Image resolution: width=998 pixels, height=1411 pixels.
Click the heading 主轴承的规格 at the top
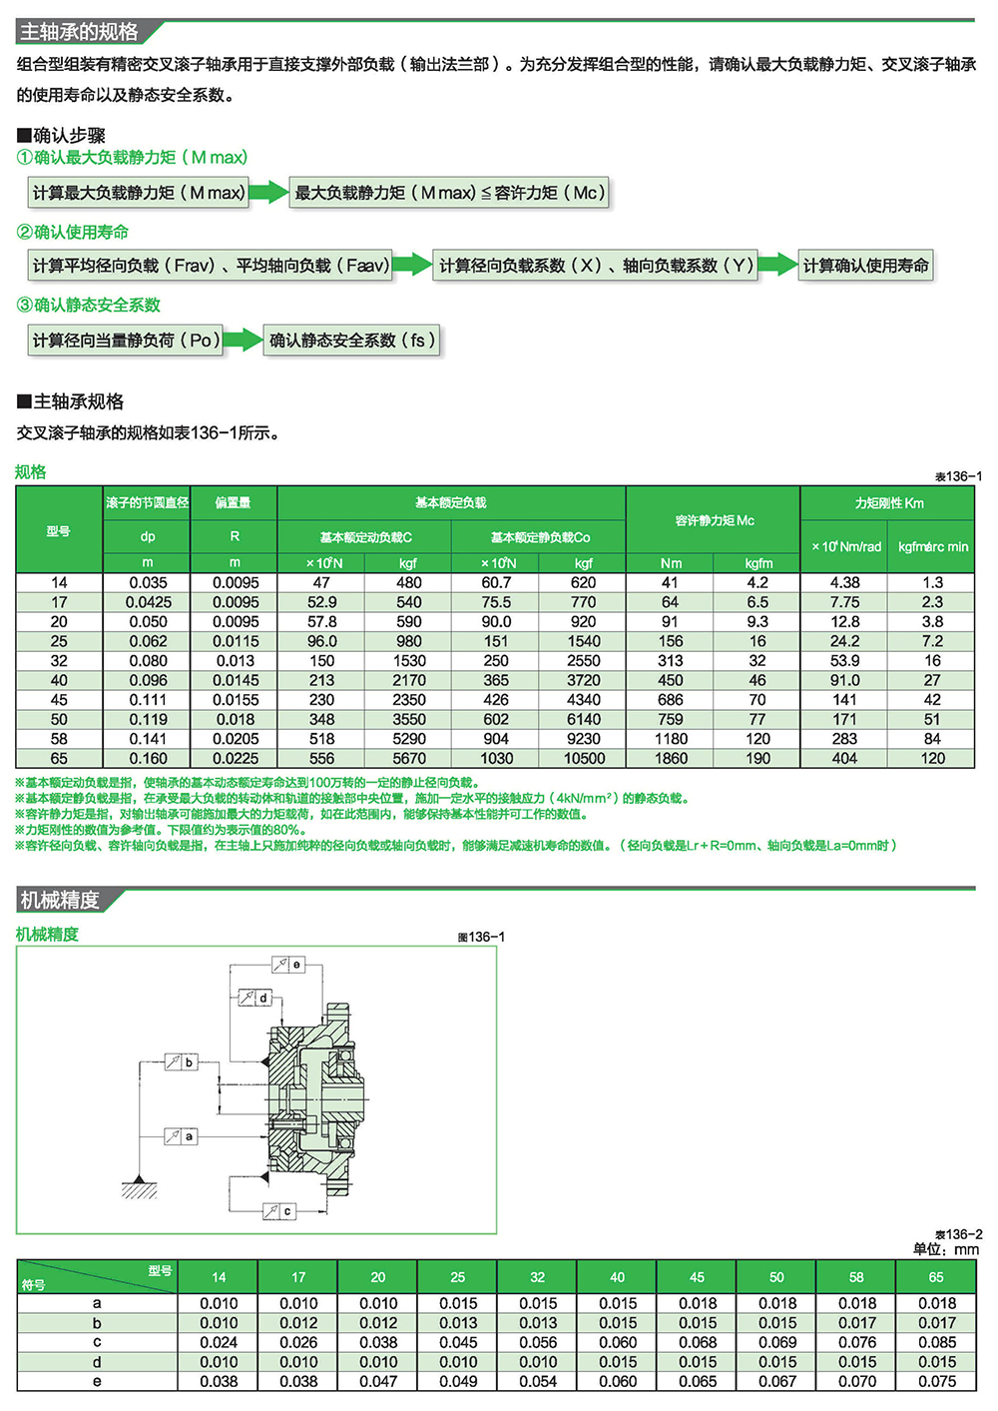(80, 32)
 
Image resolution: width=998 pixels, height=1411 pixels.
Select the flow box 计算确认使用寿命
(865, 266)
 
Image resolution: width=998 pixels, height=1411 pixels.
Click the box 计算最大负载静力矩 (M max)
(139, 193)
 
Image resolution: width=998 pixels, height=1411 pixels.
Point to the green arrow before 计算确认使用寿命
(777, 266)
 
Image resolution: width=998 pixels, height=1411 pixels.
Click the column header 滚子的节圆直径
(147, 502)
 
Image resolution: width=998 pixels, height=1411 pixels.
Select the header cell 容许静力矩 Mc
(714, 520)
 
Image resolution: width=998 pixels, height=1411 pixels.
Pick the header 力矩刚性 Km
(888, 503)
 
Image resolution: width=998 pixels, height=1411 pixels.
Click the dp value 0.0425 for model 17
(148, 602)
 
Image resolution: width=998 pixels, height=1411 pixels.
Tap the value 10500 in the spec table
(584, 759)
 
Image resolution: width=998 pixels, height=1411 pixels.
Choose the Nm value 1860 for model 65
(671, 759)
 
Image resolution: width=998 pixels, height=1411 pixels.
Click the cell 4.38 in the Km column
(844, 583)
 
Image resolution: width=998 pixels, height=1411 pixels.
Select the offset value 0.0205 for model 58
(236, 739)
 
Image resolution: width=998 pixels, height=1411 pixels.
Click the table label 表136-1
(958, 476)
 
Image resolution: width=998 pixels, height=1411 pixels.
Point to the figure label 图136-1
(481, 938)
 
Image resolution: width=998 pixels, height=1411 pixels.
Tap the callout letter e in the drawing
(296, 965)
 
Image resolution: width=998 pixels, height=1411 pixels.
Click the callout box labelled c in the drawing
(287, 1211)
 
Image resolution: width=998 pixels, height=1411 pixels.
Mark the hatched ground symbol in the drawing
(140, 1188)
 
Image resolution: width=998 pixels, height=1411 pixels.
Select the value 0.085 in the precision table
(936, 1343)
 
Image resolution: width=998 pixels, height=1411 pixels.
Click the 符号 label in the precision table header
(34, 1285)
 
